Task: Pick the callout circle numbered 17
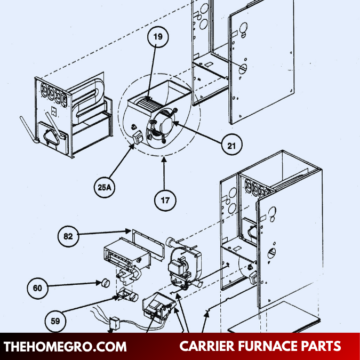coord(165,201)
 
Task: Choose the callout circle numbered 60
coord(37,288)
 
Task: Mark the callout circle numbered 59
coord(55,321)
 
